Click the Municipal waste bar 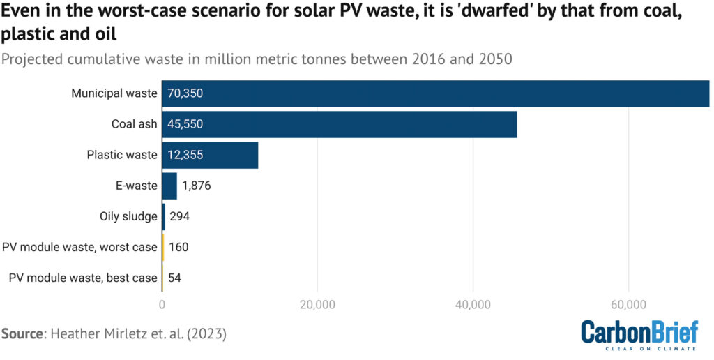(435, 93)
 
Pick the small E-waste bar (169, 186)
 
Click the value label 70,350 (185, 93)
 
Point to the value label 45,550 (185, 124)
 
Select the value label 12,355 (185, 155)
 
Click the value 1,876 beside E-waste (196, 186)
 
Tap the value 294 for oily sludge (179, 216)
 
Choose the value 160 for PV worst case (178, 247)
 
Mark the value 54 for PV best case (175, 278)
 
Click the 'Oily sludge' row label (129, 216)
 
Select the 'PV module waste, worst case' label (79, 247)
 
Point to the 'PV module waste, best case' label (83, 278)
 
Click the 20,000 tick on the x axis (318, 304)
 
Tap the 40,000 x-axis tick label (473, 304)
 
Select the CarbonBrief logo (639, 333)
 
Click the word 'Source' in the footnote (22, 333)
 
